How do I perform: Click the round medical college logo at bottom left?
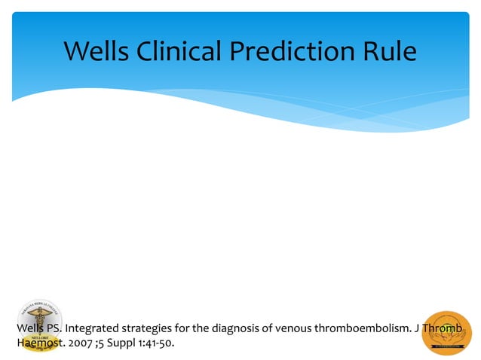39,325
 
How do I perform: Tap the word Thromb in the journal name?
443,329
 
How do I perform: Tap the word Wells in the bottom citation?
31,329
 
